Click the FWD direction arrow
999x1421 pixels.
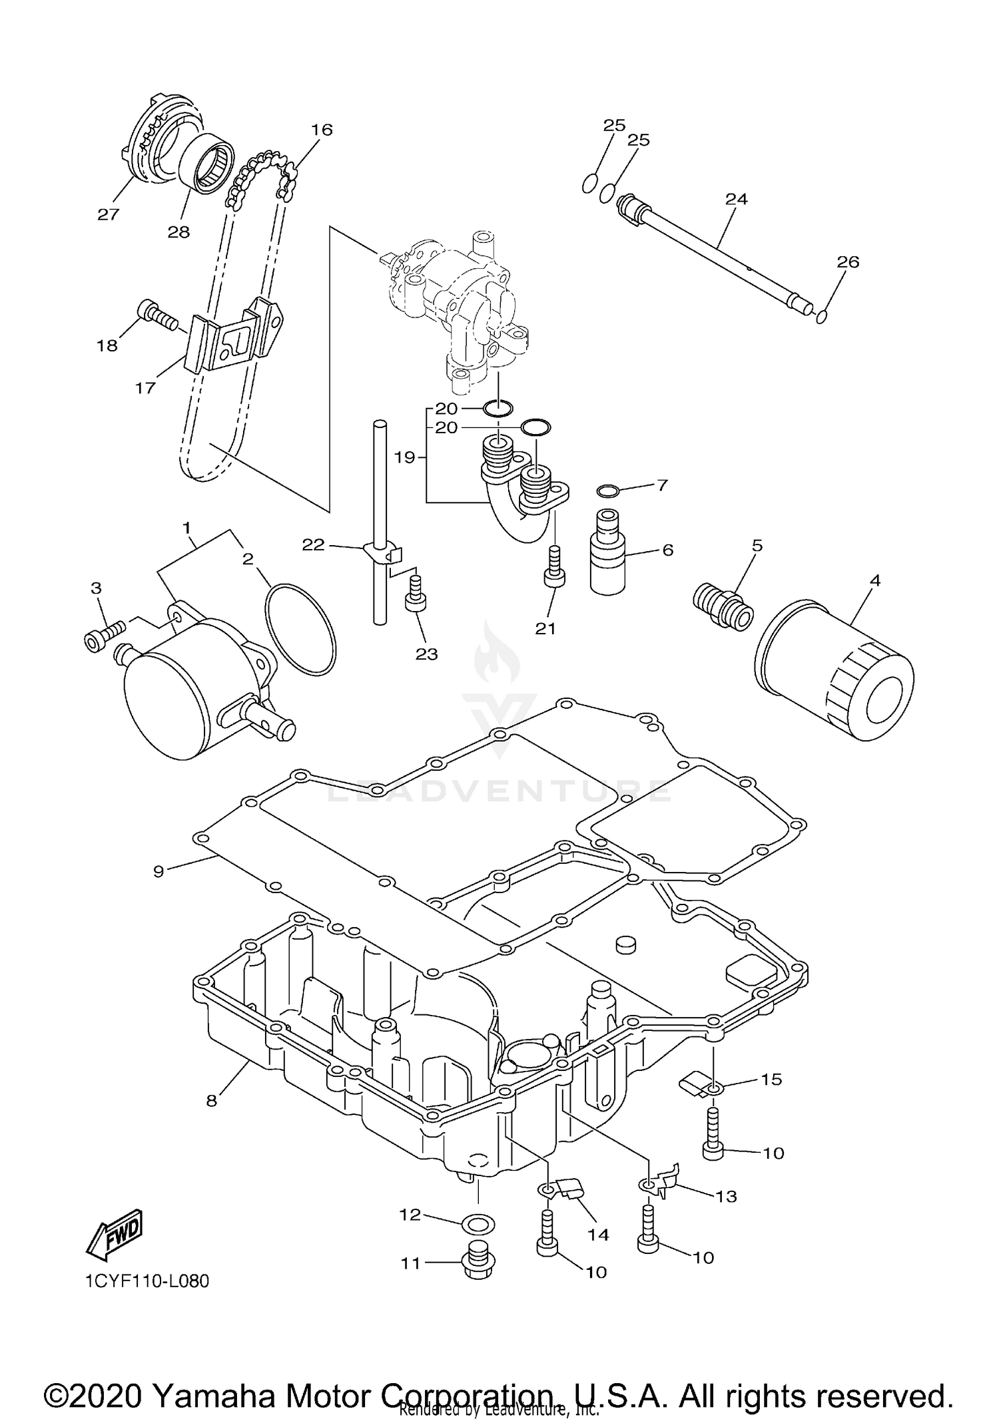coord(115,1233)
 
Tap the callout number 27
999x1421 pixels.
coord(108,214)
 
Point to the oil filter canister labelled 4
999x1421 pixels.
coord(836,669)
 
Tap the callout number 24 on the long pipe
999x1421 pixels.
coord(737,199)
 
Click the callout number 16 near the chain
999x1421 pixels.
coord(322,130)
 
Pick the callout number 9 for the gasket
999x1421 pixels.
coord(159,871)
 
